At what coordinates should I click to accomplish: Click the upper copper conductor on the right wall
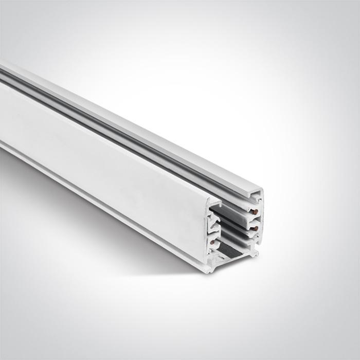pos(254,210)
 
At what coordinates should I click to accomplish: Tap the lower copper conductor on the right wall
pos(254,226)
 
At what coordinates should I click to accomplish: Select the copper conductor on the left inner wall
pos(212,242)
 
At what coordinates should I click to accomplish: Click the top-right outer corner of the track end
pos(262,190)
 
